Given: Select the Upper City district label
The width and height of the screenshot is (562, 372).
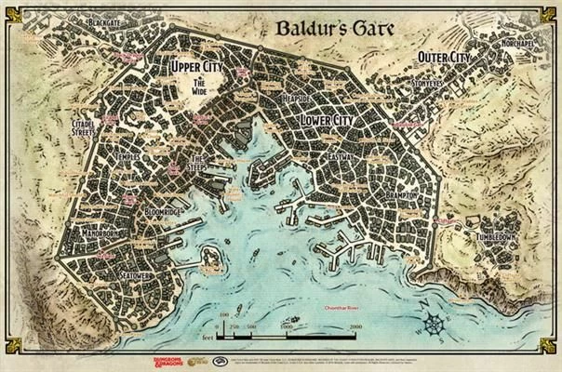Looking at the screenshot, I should [198, 68].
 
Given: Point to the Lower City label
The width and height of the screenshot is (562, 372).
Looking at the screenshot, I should [329, 122].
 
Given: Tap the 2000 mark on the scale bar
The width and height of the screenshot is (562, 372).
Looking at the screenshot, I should [355, 328].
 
